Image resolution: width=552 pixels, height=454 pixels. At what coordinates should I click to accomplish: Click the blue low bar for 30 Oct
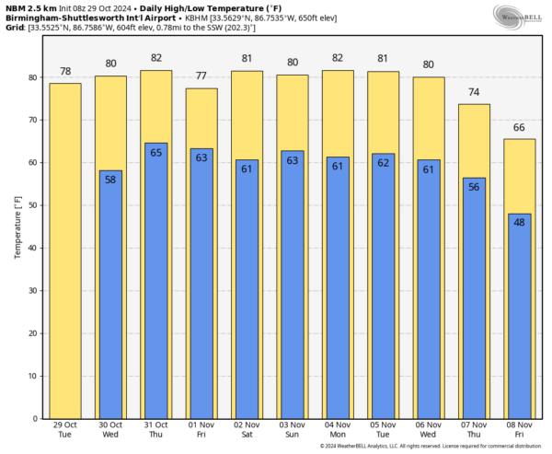[110, 295]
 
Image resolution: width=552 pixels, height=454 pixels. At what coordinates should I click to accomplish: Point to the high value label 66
[519, 127]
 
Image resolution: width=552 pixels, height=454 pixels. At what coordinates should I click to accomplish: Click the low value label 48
[519, 222]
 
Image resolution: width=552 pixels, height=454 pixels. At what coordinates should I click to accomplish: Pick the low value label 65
[156, 152]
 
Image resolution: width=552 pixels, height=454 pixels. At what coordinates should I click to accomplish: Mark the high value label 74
[474, 92]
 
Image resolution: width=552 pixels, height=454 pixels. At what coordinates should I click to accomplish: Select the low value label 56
[474, 186]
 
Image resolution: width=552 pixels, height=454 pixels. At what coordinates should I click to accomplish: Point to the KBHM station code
[220, 17]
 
